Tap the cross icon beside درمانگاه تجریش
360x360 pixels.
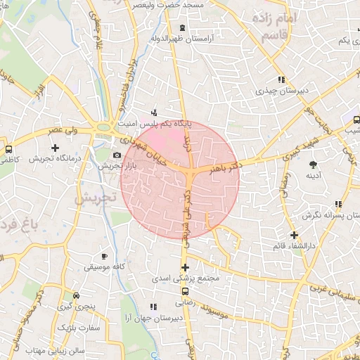click(x=56, y=148)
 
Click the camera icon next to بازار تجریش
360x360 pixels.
click(x=117, y=155)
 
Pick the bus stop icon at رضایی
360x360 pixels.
click(x=185, y=291)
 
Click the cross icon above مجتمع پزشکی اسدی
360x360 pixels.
click(x=185, y=267)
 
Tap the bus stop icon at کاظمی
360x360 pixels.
click(x=8, y=150)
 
